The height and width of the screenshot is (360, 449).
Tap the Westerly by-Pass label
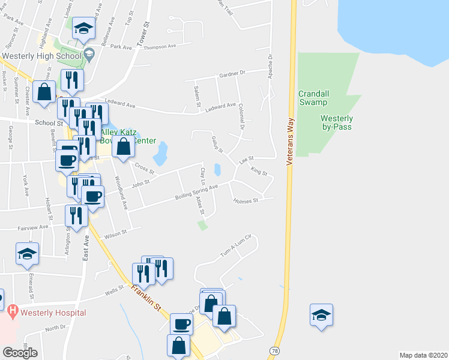point(336,122)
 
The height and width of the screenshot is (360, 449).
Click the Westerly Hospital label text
point(53,313)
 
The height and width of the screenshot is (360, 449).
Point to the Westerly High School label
point(41,56)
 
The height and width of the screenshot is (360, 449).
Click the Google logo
point(20,352)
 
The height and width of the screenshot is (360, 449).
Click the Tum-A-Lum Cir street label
point(234,247)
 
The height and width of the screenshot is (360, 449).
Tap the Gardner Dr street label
point(233,73)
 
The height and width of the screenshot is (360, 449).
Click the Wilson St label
point(116,233)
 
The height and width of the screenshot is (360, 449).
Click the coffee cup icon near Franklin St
point(181,325)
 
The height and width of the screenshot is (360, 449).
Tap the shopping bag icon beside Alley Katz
point(123,146)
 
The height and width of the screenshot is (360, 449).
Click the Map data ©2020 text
point(424,355)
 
